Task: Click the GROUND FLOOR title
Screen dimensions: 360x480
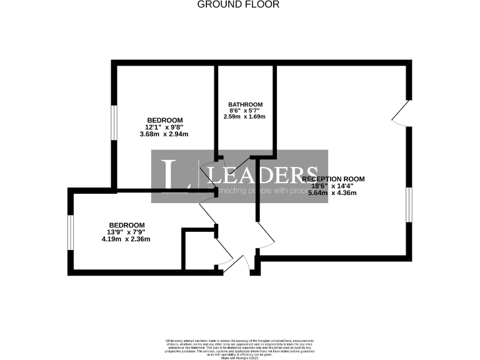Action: pyautogui.click(x=238, y=4)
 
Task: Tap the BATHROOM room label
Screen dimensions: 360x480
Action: pyautogui.click(x=245, y=104)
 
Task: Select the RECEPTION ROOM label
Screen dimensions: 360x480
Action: pyautogui.click(x=333, y=179)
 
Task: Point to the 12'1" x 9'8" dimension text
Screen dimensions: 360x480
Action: pyautogui.click(x=164, y=127)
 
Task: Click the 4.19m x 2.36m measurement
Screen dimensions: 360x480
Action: pyautogui.click(x=127, y=239)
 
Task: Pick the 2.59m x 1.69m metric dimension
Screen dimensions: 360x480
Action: pyautogui.click(x=245, y=116)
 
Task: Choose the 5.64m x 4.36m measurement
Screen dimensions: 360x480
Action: pyautogui.click(x=333, y=193)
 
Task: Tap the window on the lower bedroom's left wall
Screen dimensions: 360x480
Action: pyautogui.click(x=71, y=231)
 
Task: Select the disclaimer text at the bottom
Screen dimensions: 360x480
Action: pyautogui.click(x=239, y=346)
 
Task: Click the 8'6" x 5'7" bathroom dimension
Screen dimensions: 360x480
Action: pyautogui.click(x=245, y=111)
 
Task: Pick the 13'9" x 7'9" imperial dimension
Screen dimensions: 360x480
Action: pyautogui.click(x=127, y=232)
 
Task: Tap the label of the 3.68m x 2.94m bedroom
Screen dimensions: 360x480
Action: pyautogui.click(x=164, y=120)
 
